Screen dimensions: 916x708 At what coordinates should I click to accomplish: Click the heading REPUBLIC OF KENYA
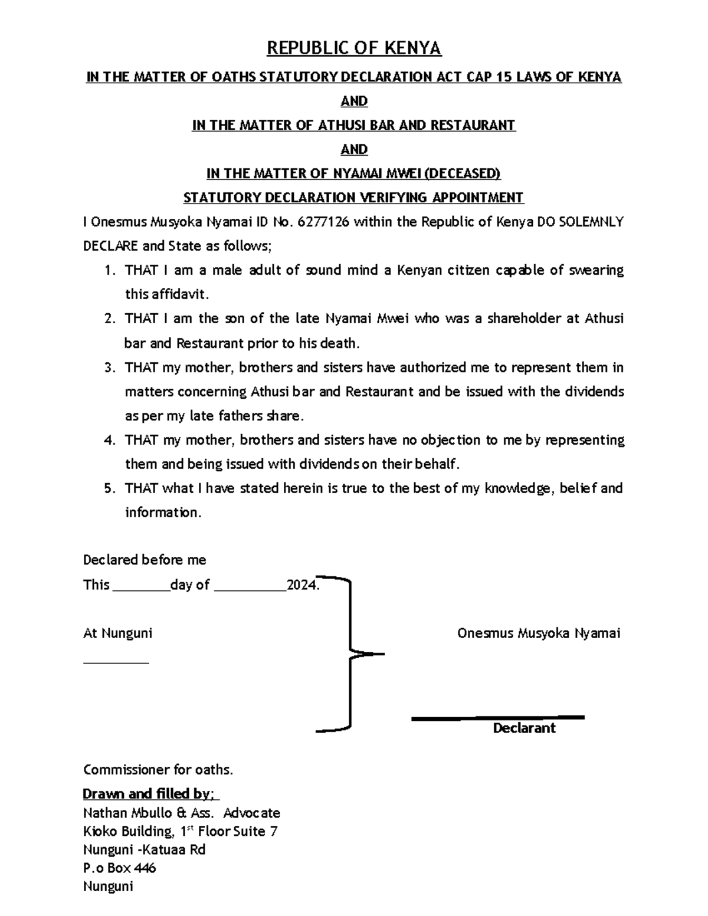(354, 48)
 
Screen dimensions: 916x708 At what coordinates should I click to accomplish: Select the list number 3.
(109, 368)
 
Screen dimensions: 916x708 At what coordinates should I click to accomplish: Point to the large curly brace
(352, 654)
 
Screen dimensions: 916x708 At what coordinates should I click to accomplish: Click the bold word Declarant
(524, 728)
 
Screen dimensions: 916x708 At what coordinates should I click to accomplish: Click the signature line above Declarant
(497, 718)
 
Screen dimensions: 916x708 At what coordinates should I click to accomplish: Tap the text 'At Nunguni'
(118, 633)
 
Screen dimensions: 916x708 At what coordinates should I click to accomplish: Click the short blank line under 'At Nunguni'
(116, 662)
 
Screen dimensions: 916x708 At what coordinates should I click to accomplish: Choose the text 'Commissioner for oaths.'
(158, 770)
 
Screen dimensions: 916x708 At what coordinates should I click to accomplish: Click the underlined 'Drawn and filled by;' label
(151, 794)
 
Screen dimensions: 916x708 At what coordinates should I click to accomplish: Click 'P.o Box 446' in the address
(120, 868)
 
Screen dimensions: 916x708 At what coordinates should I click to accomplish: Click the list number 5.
(109, 489)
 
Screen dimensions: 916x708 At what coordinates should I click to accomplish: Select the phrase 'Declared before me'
(145, 560)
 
